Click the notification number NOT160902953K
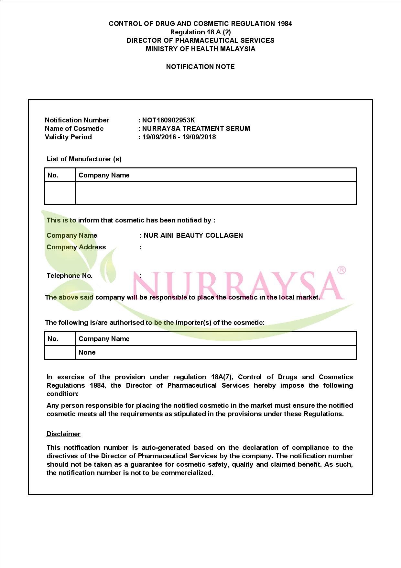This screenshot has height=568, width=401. click(168, 120)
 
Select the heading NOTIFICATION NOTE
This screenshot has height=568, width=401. click(200, 67)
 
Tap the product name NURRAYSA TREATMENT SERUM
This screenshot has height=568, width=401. click(196, 129)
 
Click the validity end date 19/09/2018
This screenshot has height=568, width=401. click(199, 137)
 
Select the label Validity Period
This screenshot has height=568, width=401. click(68, 137)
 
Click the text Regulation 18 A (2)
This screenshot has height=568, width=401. click(200, 32)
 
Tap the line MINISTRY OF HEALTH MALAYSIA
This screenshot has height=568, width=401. click(200, 49)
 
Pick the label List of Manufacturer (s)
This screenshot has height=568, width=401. click(84, 159)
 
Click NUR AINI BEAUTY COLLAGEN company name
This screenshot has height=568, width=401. click(193, 235)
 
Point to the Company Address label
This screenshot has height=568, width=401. click(76, 247)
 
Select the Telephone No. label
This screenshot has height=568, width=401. click(70, 276)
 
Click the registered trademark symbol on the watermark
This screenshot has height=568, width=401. click(341, 270)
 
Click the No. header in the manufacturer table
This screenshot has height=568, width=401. click(53, 175)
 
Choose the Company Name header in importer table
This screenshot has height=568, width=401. click(104, 339)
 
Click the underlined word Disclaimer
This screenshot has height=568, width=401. click(63, 434)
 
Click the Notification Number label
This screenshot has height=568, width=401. click(77, 120)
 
